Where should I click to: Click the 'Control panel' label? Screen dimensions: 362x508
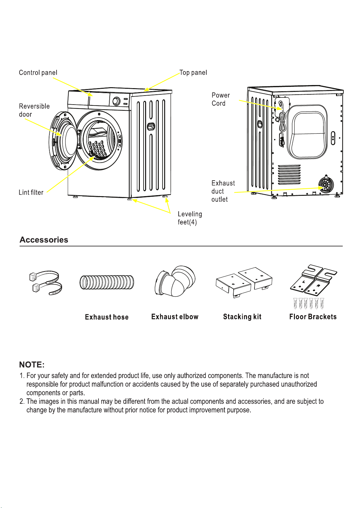coord(38,73)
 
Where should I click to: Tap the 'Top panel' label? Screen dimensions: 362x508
coord(193,73)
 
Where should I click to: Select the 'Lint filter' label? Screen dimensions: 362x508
coord(31,192)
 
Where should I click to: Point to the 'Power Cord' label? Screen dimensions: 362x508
coord(221,99)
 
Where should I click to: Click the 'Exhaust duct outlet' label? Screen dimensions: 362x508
coord(223,191)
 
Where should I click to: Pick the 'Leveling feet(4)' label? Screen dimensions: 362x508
coord(190,218)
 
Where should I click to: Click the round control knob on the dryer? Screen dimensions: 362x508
coord(116,101)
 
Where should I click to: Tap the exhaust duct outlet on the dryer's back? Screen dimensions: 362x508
coord(326,185)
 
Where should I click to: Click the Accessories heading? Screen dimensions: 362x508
coord(44,240)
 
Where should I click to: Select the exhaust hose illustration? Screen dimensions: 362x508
coord(107,282)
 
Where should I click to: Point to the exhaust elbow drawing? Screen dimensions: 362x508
coord(175,281)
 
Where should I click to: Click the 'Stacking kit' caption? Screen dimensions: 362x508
coord(242,317)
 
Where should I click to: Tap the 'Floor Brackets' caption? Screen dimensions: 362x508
coord(313,317)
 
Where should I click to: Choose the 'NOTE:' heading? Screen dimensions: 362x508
coord(32,365)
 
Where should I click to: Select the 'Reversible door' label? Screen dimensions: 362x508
coord(34,110)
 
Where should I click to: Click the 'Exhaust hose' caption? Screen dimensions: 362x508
coord(107,317)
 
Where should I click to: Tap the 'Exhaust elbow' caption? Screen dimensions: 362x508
coord(175,317)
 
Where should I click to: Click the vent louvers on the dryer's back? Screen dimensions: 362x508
coord(289,174)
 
